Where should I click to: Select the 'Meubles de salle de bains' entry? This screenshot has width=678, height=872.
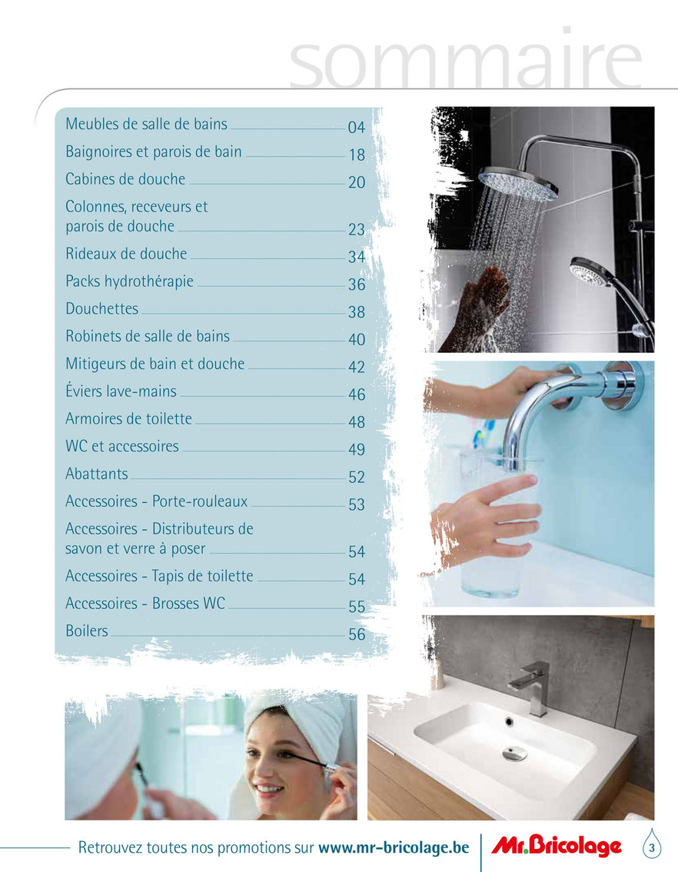point(146,124)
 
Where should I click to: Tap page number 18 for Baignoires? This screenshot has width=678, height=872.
point(357,155)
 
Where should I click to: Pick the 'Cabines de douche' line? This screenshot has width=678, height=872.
point(125,179)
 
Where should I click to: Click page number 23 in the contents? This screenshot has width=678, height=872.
point(357,230)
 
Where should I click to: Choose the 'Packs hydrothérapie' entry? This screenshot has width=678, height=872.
point(129,281)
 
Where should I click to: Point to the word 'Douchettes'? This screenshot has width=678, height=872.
point(101,308)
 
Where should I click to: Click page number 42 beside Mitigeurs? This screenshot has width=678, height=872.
point(357,367)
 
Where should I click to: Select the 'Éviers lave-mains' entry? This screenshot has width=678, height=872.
point(121,391)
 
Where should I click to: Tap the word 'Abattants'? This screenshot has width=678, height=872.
point(97,474)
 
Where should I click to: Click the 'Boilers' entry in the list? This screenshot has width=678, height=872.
point(87,631)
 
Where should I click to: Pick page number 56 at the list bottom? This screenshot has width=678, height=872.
point(357,634)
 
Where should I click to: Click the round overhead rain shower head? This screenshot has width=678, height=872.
point(518,183)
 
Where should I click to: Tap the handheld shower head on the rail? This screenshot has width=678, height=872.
point(591,272)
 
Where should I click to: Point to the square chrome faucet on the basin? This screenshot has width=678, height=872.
point(532,687)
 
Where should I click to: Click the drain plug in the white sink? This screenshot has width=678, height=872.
point(514,754)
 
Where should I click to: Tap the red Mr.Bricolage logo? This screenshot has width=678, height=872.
point(557,847)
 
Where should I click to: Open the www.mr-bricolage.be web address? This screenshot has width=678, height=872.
point(394,847)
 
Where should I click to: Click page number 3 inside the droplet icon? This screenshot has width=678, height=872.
point(652,848)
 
